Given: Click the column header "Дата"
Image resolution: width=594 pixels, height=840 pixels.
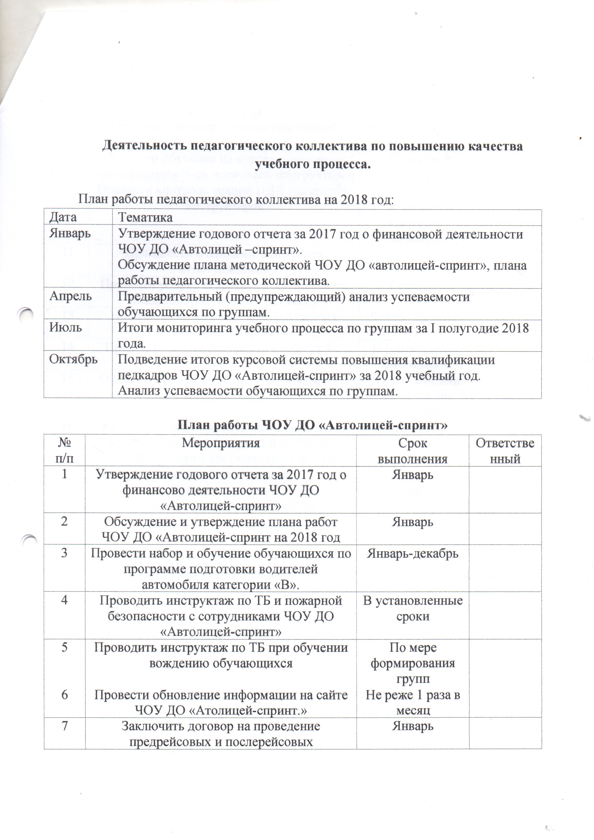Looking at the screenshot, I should point(63,217).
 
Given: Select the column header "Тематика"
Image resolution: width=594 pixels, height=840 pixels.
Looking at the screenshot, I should point(145,218).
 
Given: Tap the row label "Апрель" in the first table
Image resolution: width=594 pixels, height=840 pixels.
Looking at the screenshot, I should point(71,296).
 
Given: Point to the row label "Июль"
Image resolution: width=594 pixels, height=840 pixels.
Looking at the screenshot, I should point(66,327).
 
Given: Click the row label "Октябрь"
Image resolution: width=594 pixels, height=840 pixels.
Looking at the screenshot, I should point(74,359).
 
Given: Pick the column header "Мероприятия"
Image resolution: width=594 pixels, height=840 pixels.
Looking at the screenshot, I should point(221,443).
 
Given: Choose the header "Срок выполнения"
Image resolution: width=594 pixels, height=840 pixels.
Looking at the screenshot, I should point(413,451).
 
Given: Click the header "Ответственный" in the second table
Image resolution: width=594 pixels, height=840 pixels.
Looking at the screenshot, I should point(505,451).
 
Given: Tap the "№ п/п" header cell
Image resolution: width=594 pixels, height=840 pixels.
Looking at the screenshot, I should point(64,451).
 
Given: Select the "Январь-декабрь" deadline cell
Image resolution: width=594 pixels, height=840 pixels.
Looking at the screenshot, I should point(413,553).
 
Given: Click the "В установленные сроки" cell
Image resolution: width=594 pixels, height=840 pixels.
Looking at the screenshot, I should point(413,609).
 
